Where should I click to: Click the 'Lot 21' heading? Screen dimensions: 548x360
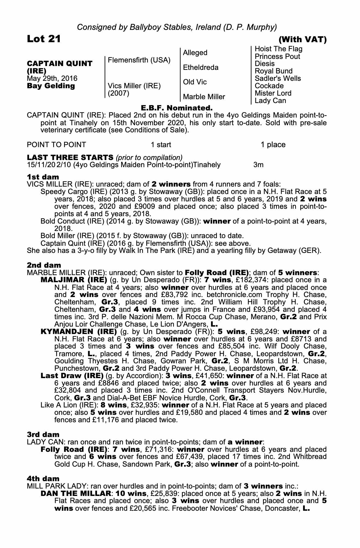(x=44, y=39)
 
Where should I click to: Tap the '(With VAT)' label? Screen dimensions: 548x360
(x=302, y=40)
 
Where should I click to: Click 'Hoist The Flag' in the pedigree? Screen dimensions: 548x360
(x=278, y=49)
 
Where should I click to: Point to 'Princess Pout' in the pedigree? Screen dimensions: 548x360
(x=277, y=56)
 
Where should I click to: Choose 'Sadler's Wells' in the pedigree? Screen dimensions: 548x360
(x=278, y=78)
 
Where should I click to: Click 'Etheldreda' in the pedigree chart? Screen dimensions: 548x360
(x=201, y=67)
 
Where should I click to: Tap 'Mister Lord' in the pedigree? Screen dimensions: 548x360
(x=273, y=93)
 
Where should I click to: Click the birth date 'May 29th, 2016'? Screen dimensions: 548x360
(x=52, y=79)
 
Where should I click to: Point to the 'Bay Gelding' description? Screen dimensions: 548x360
(x=51, y=86)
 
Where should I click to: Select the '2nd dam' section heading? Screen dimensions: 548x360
(x=44, y=265)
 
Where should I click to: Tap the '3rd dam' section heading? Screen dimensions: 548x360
(x=43, y=435)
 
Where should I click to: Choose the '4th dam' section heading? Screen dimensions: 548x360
(x=43, y=479)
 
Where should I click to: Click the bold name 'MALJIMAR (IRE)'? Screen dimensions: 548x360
(x=74, y=280)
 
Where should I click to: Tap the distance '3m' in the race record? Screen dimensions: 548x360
(x=258, y=165)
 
